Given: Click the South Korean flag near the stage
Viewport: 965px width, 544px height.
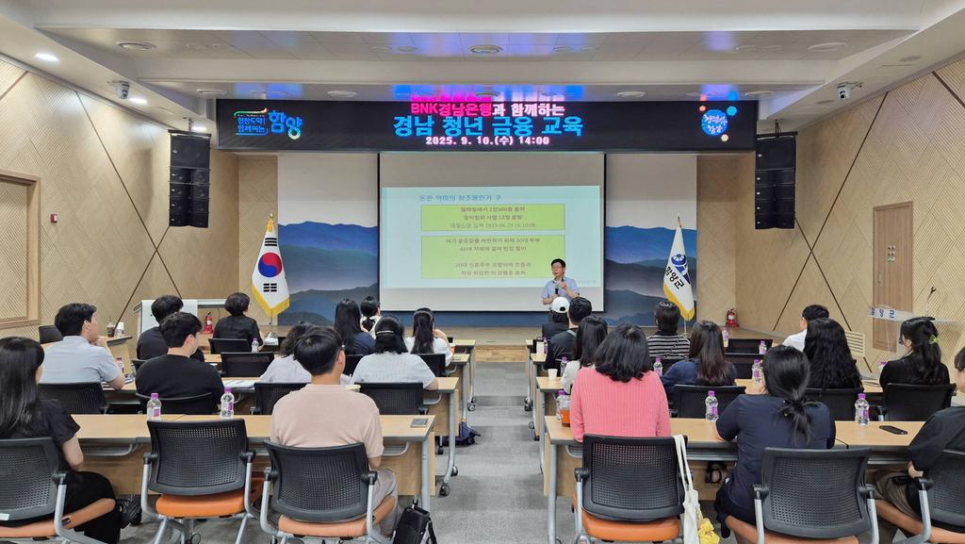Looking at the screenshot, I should click(270, 272).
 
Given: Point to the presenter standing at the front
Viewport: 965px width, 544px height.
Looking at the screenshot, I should click(560, 284).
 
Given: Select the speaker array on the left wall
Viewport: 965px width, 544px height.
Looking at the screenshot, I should click(189, 179).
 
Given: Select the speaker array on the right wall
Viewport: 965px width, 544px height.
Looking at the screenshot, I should click(775, 182).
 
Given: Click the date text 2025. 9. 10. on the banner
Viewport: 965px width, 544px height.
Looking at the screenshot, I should click(466, 140).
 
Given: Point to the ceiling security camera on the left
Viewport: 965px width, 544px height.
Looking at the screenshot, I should click(122, 90).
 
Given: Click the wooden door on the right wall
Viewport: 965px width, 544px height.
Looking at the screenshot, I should click(891, 273).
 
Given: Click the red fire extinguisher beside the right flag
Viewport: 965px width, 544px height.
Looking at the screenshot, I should click(731, 319).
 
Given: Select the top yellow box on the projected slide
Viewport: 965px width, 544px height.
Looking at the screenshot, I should click(492, 217).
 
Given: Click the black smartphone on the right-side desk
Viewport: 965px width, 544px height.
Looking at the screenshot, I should click(891, 430).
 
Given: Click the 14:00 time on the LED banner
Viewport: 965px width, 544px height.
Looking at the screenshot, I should click(533, 140).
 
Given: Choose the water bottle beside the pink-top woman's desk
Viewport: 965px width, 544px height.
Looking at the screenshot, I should click(563, 407).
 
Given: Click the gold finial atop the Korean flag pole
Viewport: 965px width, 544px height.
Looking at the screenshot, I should click(270, 217).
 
